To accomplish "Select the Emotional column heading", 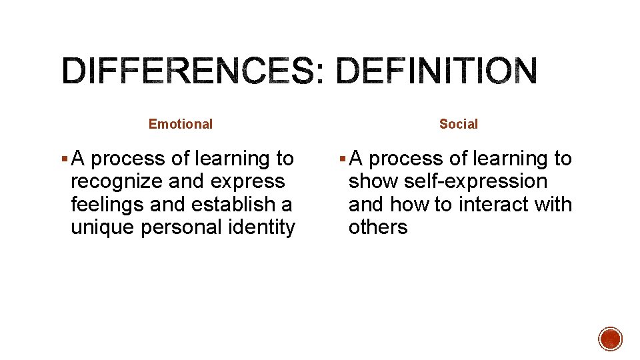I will [x=181, y=124].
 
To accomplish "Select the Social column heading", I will [x=459, y=124].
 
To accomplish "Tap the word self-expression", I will [x=476, y=181].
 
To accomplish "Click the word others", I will [x=378, y=227].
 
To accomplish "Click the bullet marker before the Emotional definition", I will [x=63, y=159].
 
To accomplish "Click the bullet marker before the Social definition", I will [x=341, y=159].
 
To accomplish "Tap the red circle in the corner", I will [x=611, y=339].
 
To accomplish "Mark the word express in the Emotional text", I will [x=249, y=181].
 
